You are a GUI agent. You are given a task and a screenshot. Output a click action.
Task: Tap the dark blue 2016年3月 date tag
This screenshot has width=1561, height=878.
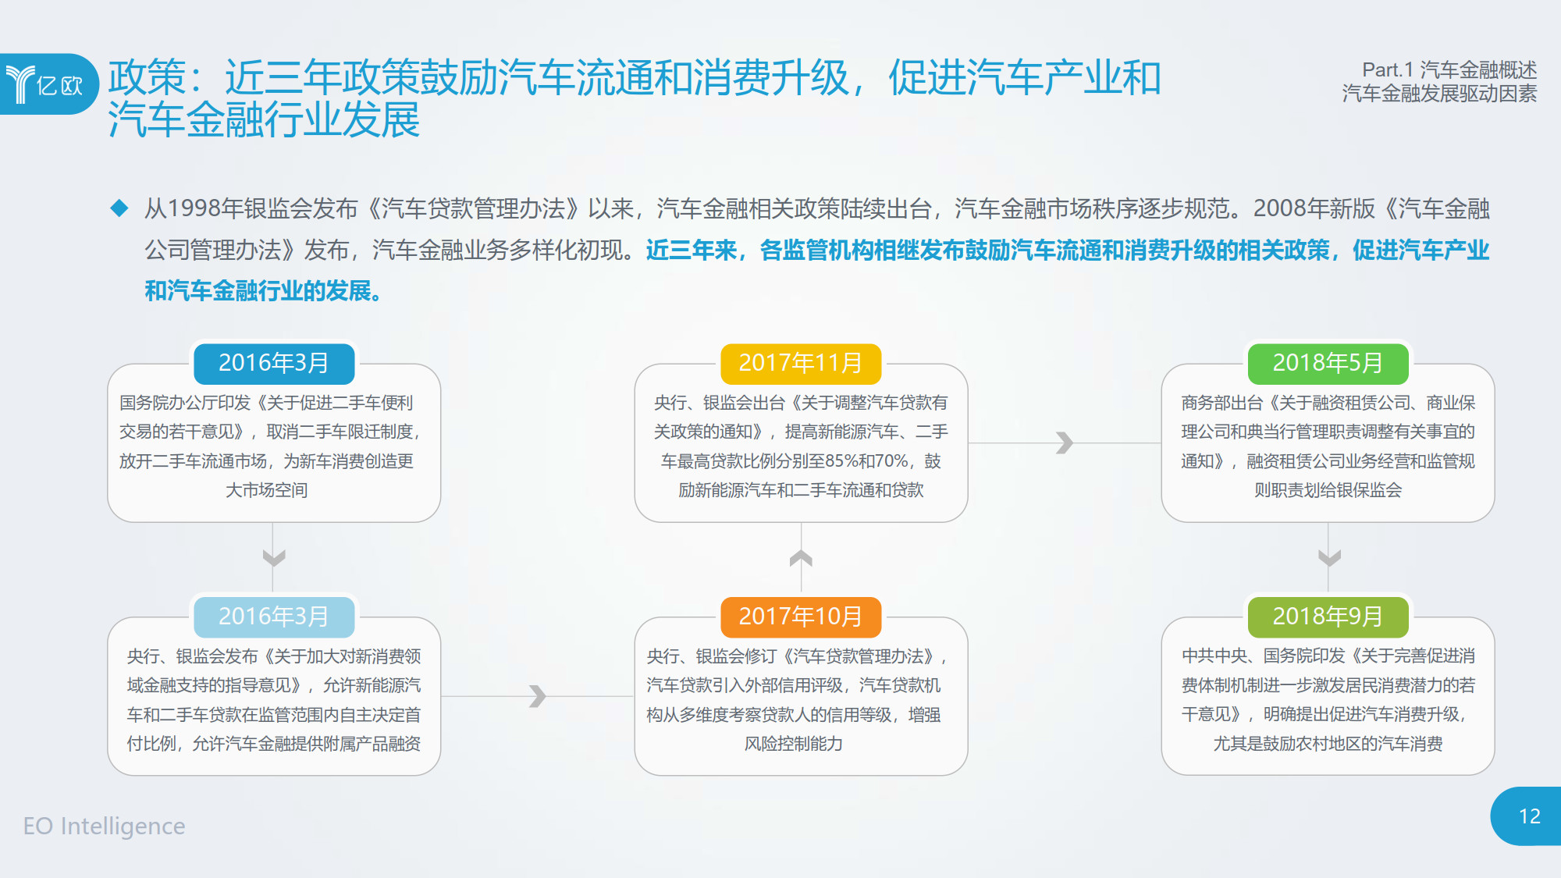point(274,363)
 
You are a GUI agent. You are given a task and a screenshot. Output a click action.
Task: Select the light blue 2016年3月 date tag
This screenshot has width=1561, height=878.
point(274,617)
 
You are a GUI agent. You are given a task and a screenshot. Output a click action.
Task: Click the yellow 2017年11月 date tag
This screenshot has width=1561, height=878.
point(801,363)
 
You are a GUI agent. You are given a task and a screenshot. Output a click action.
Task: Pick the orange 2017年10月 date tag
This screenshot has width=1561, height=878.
point(801,617)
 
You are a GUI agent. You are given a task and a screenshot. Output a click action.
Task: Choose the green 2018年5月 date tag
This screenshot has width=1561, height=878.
point(1328,363)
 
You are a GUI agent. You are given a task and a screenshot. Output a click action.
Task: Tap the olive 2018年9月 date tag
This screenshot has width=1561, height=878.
point(1328,617)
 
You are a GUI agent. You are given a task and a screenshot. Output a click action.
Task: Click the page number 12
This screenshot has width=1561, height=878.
point(1530,816)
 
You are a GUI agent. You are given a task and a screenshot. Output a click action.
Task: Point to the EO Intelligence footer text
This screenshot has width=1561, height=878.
point(105,826)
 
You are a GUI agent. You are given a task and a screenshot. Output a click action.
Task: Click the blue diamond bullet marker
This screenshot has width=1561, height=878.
point(119,208)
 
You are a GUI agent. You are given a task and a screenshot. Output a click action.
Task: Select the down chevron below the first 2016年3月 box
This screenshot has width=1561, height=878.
point(274,558)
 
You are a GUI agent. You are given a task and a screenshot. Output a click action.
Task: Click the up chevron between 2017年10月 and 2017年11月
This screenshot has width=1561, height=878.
point(801,558)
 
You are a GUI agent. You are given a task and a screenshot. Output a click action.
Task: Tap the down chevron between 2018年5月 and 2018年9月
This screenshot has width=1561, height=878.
point(1329,558)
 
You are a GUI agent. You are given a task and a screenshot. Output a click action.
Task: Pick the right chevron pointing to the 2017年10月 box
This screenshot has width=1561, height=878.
point(537,695)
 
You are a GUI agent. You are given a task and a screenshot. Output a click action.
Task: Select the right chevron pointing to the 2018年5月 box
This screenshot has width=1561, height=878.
point(1065,443)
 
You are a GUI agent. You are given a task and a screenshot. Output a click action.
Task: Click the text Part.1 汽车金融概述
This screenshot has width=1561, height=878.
point(1449,70)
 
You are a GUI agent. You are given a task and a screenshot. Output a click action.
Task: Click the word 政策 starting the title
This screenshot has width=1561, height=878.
point(147,77)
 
